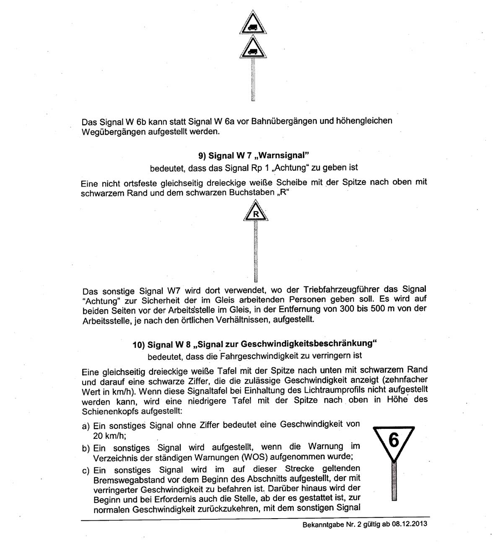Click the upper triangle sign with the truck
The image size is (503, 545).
(253, 25)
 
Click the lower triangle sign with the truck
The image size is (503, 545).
(253, 49)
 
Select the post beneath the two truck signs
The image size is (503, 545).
(253, 79)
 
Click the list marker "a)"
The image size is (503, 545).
(86, 426)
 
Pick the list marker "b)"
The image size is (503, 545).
(86, 449)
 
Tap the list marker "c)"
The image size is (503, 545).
(86, 470)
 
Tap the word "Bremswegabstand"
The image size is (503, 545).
(127, 479)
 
